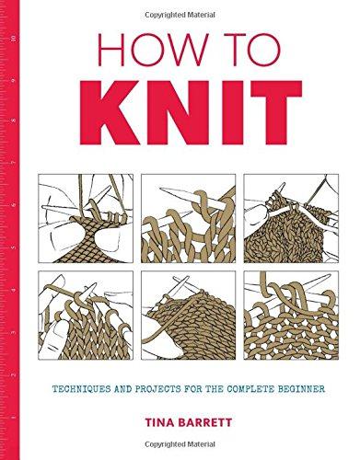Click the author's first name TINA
click(x=160, y=422)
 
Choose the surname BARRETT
click(x=205, y=422)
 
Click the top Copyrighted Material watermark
click(x=180, y=15)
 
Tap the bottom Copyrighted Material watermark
click(x=180, y=444)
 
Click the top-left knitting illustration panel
click(x=86, y=218)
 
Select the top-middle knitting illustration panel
click(x=189, y=218)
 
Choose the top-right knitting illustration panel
click(x=291, y=218)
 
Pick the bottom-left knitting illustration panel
click(x=86, y=316)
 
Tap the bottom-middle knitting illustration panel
click(x=189, y=316)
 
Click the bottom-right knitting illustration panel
click(x=291, y=316)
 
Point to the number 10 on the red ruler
click(x=13, y=39)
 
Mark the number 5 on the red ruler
click(x=13, y=247)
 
